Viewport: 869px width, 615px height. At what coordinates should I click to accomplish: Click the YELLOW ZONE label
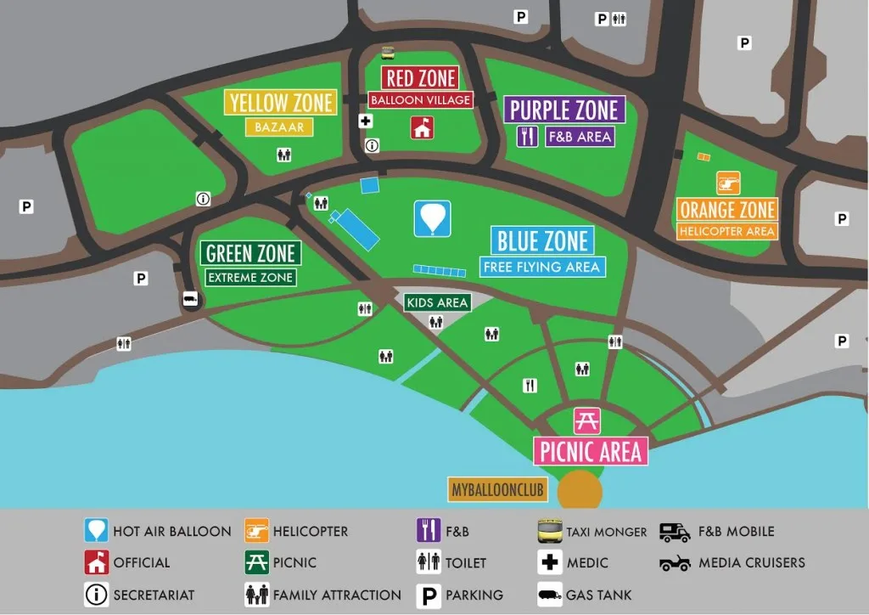point(281,103)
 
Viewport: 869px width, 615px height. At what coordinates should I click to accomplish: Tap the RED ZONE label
point(421,78)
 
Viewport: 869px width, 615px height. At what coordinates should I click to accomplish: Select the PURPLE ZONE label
point(564,110)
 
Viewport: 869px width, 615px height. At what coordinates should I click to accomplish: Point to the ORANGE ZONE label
point(727,210)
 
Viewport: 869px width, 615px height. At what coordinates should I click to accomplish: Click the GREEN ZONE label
point(250,253)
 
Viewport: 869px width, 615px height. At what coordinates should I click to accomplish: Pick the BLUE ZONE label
point(542,240)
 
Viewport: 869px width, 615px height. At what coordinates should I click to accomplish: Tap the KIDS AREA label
point(437,302)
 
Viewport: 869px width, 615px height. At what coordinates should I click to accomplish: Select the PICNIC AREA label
point(591,451)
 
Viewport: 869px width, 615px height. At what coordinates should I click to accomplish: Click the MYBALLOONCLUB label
point(497,490)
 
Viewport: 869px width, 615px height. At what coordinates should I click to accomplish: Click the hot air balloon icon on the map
point(432,218)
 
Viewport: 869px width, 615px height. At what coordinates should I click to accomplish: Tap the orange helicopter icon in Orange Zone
point(728,183)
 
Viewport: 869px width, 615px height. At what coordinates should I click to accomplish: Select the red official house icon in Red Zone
point(422,127)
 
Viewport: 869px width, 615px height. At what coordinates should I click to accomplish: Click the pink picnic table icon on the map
point(587,420)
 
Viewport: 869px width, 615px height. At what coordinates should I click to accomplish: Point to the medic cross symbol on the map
point(366,121)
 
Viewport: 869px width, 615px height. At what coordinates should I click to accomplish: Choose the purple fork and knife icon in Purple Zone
point(528,136)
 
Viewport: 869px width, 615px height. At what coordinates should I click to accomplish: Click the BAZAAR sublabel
point(279,127)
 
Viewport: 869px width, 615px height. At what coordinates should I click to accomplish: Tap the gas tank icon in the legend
point(550,595)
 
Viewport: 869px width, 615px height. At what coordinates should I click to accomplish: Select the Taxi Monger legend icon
point(550,532)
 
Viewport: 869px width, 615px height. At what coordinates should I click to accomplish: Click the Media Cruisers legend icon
point(675,563)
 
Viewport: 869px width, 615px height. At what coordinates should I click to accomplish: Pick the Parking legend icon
point(428,595)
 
